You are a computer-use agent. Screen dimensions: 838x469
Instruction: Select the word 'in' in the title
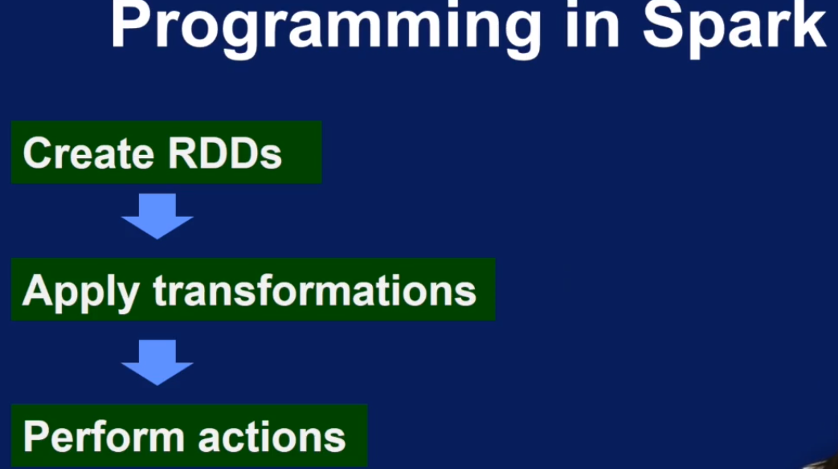(592, 23)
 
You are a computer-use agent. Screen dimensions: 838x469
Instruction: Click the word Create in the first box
(88, 154)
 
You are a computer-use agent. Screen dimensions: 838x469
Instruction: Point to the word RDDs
(224, 154)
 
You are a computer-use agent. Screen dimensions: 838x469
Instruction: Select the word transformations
(314, 291)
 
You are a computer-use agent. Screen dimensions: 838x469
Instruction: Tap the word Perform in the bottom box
(104, 435)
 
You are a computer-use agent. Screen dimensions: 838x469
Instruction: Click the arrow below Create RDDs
(157, 216)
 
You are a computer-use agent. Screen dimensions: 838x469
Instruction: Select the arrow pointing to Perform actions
(157, 362)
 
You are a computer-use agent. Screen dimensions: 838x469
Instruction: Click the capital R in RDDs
(182, 154)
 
